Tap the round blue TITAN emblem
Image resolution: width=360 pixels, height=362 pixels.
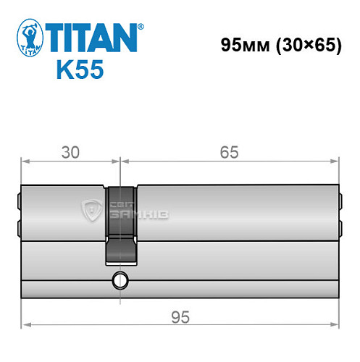coord(28,39)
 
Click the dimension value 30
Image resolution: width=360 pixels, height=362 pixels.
coord(70,152)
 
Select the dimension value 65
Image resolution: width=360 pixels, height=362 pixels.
coord(230,152)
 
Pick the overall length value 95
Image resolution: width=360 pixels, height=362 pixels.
coord(179,316)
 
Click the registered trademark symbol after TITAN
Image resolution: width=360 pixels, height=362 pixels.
coord(141,26)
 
